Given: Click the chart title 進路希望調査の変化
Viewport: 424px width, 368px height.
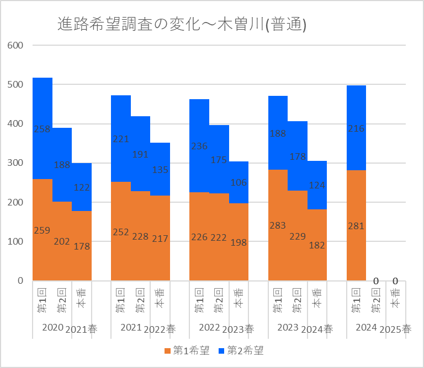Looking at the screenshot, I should [182, 24].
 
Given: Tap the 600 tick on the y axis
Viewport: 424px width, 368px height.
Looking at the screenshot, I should [15, 45].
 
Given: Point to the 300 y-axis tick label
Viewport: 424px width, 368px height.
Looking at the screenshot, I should [15, 163].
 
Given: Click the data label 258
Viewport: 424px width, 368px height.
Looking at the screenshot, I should [43, 129].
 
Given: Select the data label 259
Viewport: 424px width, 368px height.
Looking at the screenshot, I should [43, 230].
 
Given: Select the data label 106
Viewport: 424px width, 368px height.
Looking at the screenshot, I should [239, 183].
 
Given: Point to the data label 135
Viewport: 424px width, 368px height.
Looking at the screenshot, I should [160, 170].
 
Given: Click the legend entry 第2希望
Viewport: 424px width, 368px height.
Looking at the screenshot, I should [241, 350].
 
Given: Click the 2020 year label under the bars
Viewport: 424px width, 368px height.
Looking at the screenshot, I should [52, 328].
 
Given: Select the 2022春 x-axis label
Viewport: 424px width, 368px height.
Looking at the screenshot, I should [160, 329].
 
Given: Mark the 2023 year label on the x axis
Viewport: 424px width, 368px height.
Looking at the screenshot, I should [288, 328].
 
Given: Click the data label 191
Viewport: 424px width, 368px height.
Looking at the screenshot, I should [140, 154].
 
